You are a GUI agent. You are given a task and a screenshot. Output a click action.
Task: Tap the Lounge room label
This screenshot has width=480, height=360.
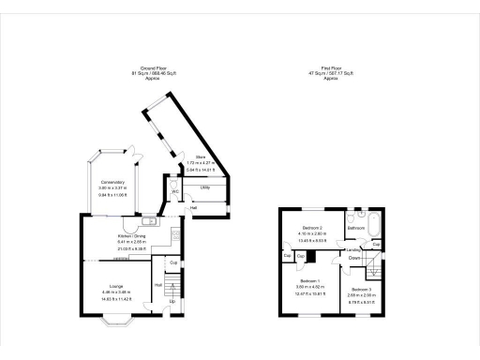(116, 286)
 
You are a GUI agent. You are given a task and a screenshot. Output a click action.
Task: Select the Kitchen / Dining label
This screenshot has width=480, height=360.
(131, 236)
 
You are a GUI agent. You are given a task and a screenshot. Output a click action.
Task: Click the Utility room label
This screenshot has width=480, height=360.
(203, 187)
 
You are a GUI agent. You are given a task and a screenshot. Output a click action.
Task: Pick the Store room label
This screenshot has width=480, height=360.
(200, 157)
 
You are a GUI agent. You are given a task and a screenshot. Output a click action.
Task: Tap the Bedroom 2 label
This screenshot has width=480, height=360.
(310, 228)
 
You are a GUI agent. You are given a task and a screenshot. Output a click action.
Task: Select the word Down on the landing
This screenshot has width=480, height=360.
(355, 257)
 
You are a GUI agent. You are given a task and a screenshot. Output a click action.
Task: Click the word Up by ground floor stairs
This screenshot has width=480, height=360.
(172, 301)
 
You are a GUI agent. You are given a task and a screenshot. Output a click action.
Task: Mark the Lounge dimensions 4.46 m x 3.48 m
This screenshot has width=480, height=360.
(116, 292)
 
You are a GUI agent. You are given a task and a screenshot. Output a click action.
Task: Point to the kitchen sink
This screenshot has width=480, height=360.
(149, 221)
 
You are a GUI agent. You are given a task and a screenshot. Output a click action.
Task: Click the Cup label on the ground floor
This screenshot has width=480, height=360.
(174, 263)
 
